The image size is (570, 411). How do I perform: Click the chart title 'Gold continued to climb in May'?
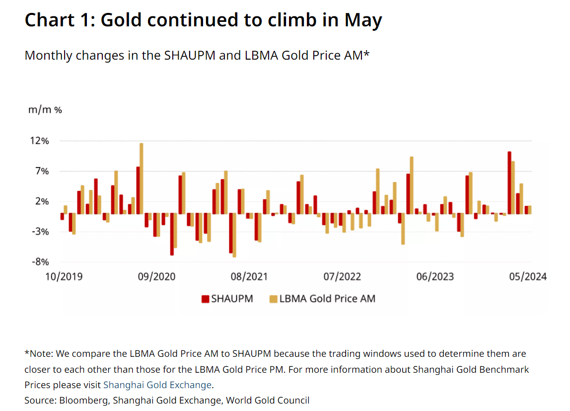point(241,20)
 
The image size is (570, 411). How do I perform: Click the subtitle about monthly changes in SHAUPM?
point(197,55)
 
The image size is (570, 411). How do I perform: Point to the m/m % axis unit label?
point(45,109)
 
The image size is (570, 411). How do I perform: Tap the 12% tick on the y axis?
point(39,141)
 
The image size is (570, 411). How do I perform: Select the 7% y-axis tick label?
point(42,171)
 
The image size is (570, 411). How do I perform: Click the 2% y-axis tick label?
point(42,201)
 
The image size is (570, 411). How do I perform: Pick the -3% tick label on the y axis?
point(40,232)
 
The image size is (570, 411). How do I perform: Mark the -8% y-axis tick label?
point(40,262)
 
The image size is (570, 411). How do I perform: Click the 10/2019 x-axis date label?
point(64,277)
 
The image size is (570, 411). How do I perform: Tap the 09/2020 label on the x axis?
point(157,277)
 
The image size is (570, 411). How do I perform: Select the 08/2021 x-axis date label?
point(249,277)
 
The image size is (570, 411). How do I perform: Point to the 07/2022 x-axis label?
point(343,277)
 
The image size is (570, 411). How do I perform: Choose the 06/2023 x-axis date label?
point(435,277)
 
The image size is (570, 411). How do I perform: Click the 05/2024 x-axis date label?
point(528,277)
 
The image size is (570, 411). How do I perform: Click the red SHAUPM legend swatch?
point(206,299)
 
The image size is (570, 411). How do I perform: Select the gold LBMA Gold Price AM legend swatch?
point(273,299)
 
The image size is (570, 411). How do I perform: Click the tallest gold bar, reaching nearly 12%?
point(142,178)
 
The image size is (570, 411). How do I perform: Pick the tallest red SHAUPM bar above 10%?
point(509,182)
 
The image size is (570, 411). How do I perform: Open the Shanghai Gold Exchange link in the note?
point(157,385)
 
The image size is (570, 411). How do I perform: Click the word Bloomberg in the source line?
point(83,401)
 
